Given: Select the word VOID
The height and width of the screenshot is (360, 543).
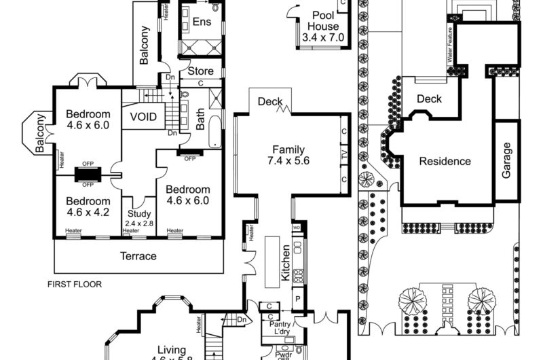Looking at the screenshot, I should [x=143, y=117].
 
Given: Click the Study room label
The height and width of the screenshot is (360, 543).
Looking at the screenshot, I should [x=139, y=217].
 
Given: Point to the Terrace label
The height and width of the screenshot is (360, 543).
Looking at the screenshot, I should [x=138, y=256].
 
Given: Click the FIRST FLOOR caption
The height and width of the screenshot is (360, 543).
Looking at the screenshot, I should [x=75, y=285].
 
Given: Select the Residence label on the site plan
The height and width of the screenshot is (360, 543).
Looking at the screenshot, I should [x=445, y=161].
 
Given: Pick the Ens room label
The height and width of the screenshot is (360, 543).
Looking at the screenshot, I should [x=202, y=22].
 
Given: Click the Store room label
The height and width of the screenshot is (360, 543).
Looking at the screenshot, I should [x=200, y=71].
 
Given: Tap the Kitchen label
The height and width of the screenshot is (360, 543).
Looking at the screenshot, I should [x=286, y=264].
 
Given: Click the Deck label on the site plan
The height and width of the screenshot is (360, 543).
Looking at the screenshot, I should [x=429, y=99].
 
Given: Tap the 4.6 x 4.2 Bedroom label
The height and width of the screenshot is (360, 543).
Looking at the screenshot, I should [x=88, y=206].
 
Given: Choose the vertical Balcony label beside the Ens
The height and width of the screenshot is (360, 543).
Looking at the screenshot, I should [x=144, y=45].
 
